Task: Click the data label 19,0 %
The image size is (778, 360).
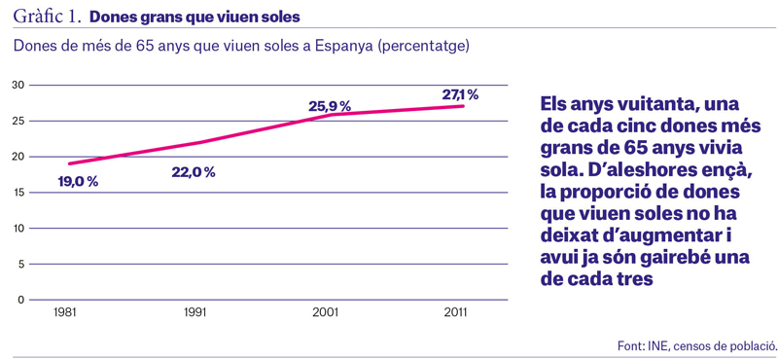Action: [x=78, y=182]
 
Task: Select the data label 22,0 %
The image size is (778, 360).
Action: [x=194, y=173]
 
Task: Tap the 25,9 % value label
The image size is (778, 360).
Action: [x=330, y=106]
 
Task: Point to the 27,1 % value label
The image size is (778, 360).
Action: [x=460, y=94]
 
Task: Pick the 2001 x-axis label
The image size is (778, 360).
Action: [x=325, y=314]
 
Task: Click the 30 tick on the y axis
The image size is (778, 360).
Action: [x=19, y=86]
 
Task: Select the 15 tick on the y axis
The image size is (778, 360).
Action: [x=19, y=193]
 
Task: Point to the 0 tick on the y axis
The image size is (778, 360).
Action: [x=21, y=300]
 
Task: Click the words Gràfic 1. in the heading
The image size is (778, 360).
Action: [x=47, y=17]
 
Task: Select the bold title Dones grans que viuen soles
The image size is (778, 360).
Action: [x=194, y=18]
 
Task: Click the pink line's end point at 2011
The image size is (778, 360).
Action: [x=463, y=106]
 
